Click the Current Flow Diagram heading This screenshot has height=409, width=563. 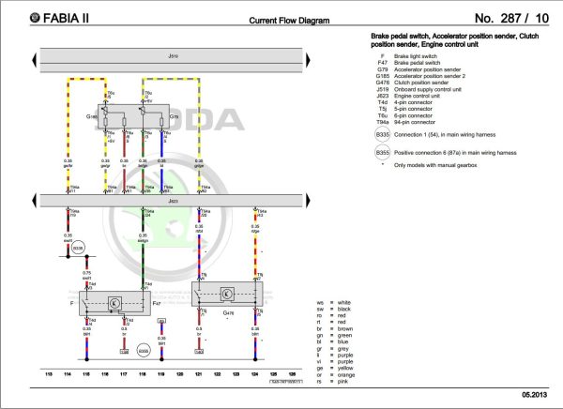(x=288, y=19)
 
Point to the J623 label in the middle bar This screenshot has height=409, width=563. (x=172, y=200)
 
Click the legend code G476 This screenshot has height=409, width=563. (x=382, y=83)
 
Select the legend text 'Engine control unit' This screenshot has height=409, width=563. (x=428, y=96)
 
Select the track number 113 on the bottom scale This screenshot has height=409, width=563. (x=49, y=373)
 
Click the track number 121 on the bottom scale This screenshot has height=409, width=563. (x=199, y=373)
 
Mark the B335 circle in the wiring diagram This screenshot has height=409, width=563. (x=78, y=248)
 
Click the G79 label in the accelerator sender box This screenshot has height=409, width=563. (x=174, y=118)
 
